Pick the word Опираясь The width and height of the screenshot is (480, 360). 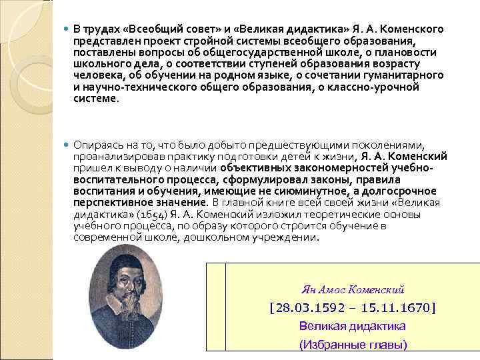[98, 145]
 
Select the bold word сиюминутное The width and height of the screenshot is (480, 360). [332, 191]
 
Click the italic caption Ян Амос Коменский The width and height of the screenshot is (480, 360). [353, 290]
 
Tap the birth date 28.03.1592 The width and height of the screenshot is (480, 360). [309, 308]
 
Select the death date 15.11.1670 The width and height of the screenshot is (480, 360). [395, 308]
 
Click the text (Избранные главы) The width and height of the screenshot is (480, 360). [353, 345]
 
